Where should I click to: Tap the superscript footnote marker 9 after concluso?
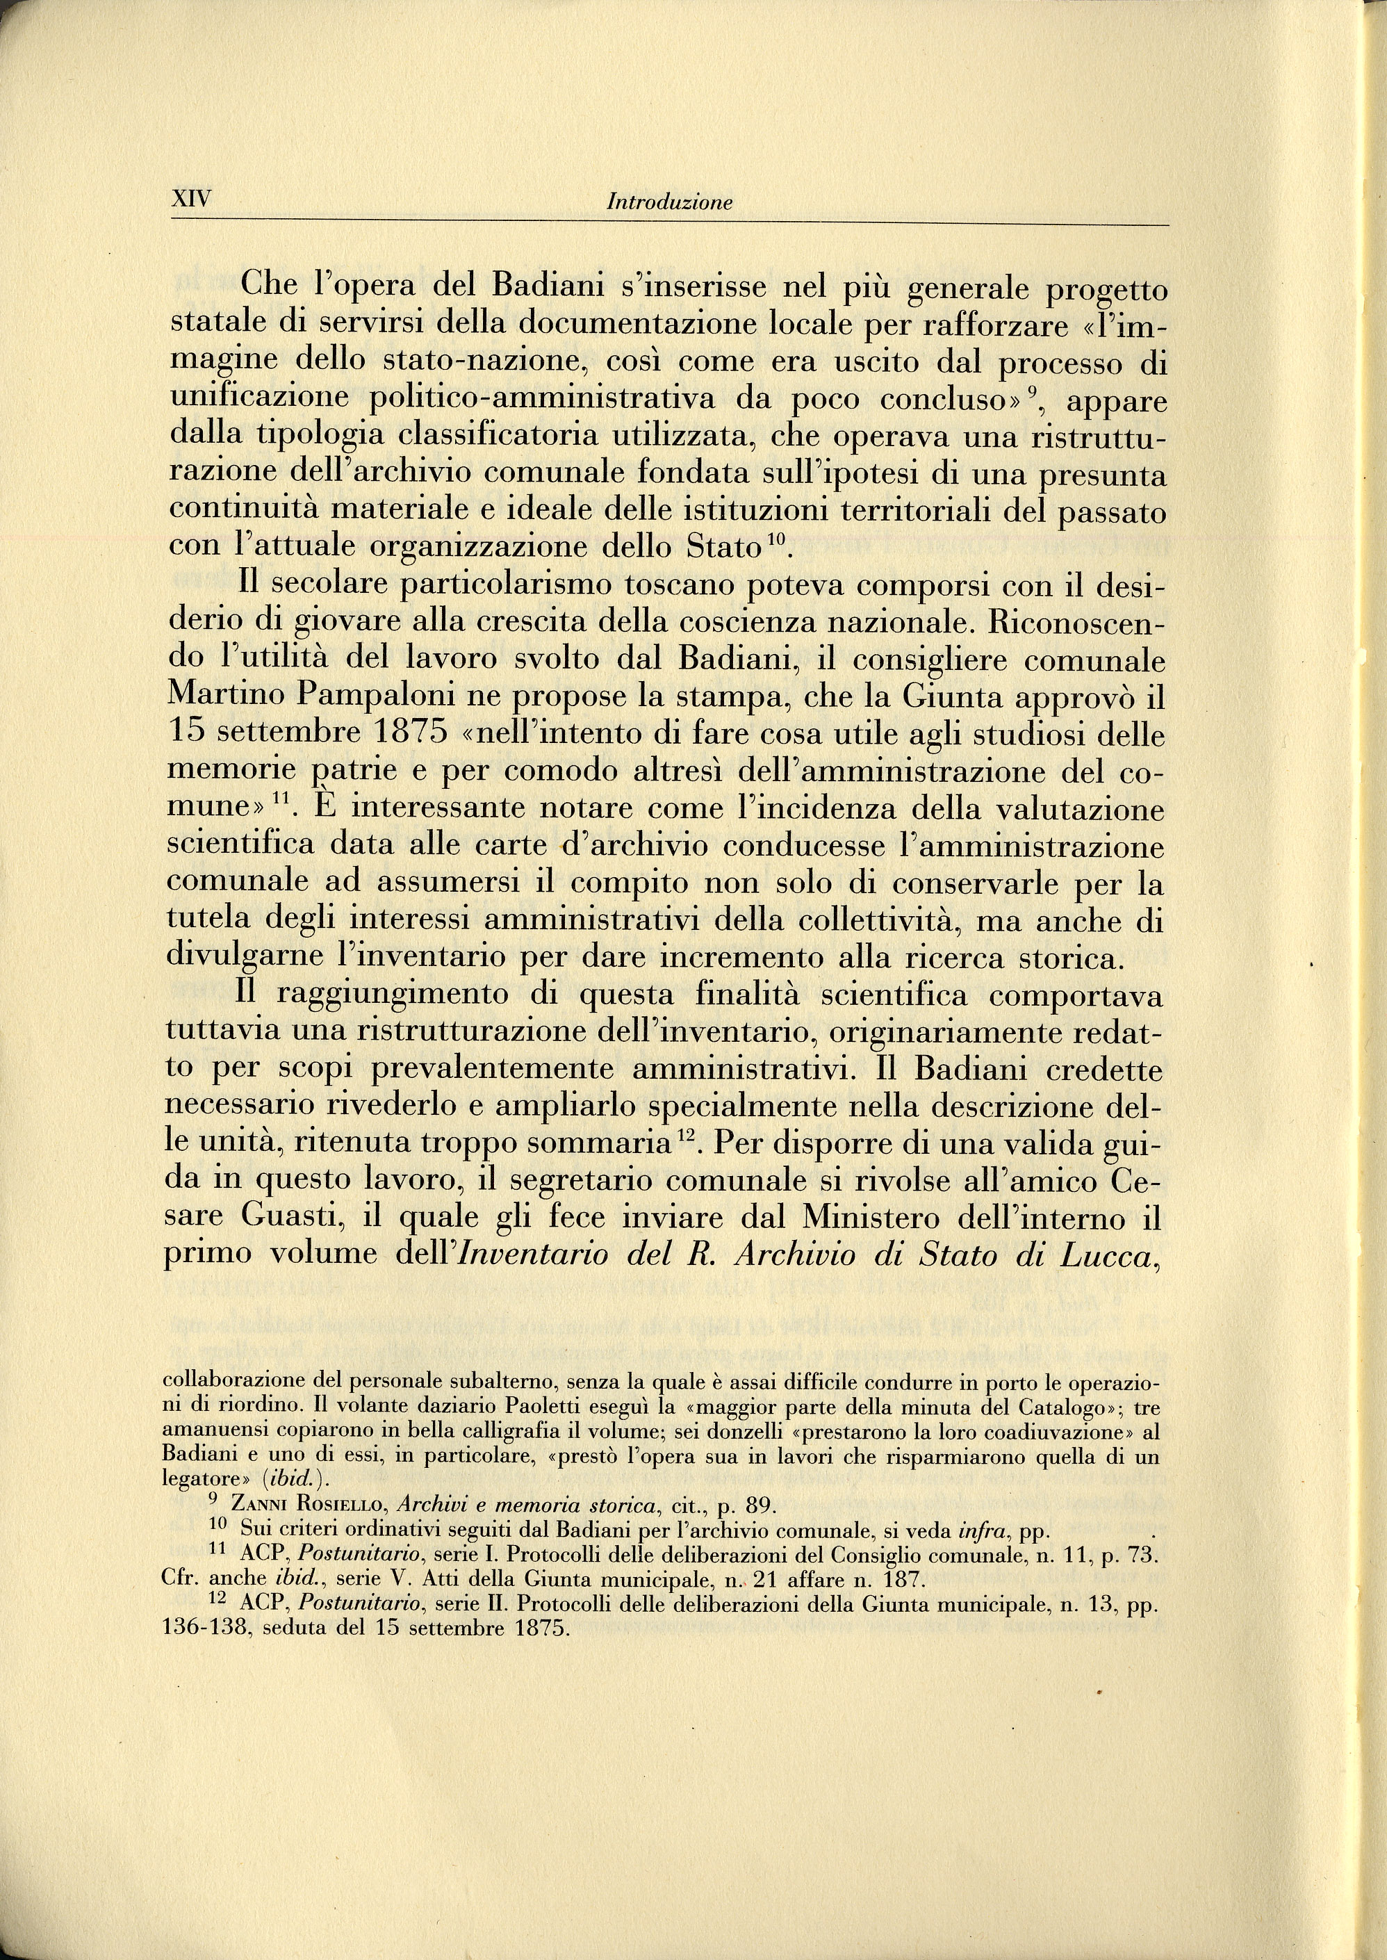[1032, 392]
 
